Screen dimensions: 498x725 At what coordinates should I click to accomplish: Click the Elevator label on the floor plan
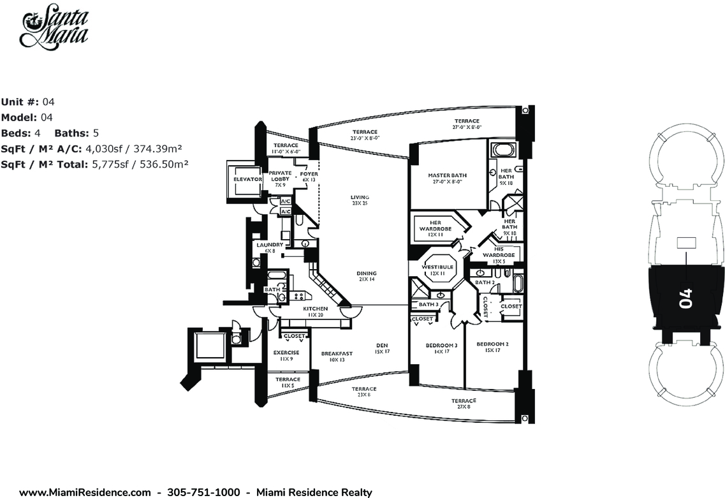click(248, 180)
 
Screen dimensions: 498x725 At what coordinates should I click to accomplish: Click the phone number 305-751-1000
click(203, 492)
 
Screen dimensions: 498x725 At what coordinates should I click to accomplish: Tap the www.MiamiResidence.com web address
click(85, 492)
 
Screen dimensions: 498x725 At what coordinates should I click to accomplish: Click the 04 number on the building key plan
click(685, 299)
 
